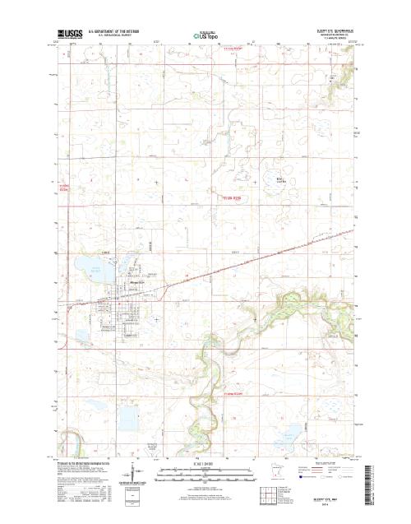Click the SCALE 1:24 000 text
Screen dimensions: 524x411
[205, 463]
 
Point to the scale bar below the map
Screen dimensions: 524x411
[205, 471]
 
